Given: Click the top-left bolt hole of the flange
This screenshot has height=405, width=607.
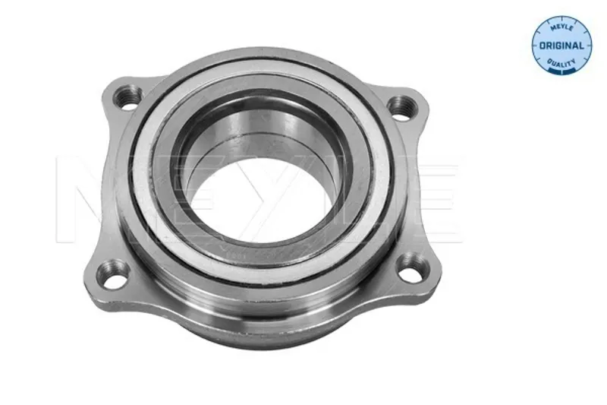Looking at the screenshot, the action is tap(127, 97).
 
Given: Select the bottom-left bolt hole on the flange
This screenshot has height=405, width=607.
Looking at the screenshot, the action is tap(113, 274).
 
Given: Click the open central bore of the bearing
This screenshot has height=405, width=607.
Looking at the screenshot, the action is tap(262, 198).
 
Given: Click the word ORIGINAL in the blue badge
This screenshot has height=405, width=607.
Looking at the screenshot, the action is tap(561, 46).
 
